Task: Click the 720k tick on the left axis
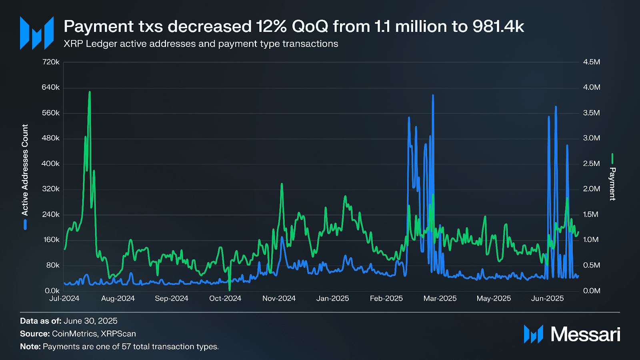coord(51,62)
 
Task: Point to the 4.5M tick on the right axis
coord(592,62)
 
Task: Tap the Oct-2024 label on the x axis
coord(225,298)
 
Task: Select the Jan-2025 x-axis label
coord(332,298)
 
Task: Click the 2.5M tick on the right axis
coord(592,164)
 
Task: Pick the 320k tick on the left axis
coord(51,189)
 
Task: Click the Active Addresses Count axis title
coord(25,170)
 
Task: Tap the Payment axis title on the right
coord(612,184)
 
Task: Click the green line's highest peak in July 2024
coord(90,92)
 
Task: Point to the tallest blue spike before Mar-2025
coord(433,95)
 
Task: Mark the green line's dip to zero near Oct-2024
coord(230,290)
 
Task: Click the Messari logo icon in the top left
coord(37,33)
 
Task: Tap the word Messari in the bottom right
coord(585,334)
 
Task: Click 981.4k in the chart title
coord(498,26)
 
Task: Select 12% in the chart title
coord(272,26)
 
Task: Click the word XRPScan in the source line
coord(118,334)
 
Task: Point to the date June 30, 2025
coord(90,321)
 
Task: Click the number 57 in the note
coord(126,346)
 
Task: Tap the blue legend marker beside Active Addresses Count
coord(25,224)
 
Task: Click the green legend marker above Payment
coord(612,159)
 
